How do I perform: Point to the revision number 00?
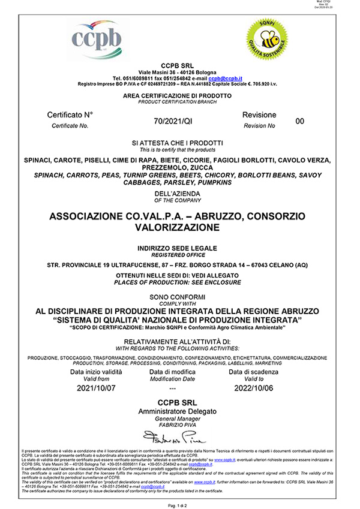[x=301, y=121]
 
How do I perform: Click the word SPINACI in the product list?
[x=38, y=160]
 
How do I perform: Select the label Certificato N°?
[x=70, y=115]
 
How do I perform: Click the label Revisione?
[x=259, y=115]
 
